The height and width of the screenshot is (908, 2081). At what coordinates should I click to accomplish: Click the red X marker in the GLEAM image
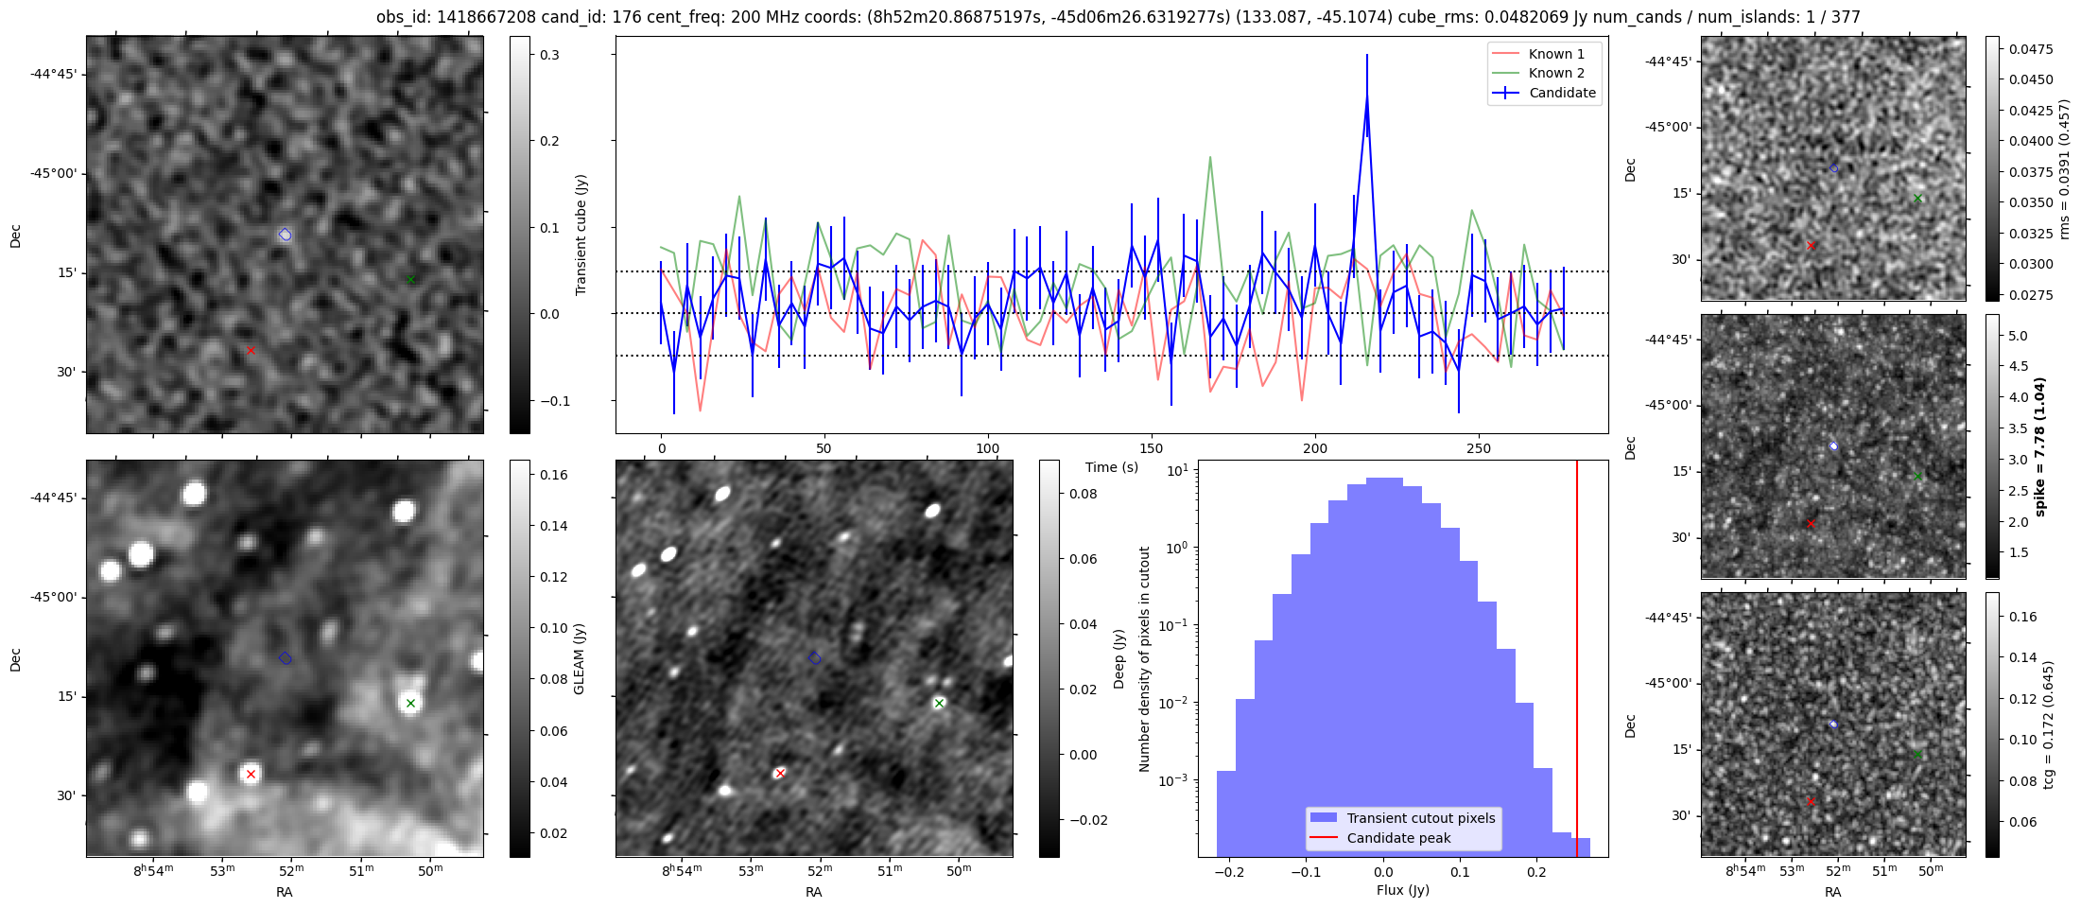[251, 774]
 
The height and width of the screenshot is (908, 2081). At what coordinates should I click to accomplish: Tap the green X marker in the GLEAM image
[410, 703]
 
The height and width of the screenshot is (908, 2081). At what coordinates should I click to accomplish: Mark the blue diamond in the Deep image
[815, 657]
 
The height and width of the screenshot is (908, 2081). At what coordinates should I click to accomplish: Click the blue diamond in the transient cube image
[286, 235]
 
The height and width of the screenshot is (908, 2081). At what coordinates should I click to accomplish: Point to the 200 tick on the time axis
[1314, 448]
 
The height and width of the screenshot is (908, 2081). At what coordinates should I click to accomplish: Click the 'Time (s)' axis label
[1111, 467]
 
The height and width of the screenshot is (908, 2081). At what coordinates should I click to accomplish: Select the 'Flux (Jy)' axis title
[1402, 890]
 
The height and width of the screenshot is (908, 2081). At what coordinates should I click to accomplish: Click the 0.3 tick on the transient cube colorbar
[549, 55]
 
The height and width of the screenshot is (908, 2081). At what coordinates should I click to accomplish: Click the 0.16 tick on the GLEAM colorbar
[553, 475]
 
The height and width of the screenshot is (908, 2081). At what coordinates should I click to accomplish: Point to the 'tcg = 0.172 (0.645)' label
[2049, 725]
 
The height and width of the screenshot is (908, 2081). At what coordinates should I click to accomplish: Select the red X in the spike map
[1811, 523]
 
